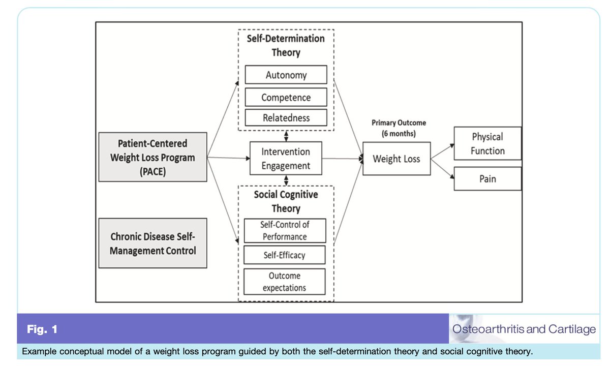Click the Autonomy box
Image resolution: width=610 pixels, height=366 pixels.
[286, 75]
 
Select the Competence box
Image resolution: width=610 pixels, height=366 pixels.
[286, 97]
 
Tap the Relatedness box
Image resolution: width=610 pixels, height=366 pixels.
[286, 117]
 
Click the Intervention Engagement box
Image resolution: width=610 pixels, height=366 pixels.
[286, 158]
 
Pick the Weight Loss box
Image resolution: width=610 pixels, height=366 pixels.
[396, 159]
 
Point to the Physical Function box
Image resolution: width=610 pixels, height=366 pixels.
[487, 143]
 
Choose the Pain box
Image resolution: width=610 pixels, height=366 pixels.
[487, 178]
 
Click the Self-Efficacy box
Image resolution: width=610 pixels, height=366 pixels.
[285, 255]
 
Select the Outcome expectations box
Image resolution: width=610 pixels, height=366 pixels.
[285, 282]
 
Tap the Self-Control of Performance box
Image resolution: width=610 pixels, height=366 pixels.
[285, 231]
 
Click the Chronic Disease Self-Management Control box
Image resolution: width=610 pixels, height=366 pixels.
[153, 243]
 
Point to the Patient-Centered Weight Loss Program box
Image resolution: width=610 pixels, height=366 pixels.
[153, 157]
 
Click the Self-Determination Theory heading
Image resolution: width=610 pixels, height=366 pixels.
[286, 45]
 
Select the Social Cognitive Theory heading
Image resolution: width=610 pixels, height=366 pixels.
[286, 201]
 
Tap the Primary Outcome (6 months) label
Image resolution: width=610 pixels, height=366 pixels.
[399, 128]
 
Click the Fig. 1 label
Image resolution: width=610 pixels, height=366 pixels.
[42, 329]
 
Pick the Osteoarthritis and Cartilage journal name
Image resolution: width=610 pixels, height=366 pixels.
[524, 329]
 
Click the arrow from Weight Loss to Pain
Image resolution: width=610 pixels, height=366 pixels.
[443, 169]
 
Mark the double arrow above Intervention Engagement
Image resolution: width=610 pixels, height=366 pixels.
[286, 136]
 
